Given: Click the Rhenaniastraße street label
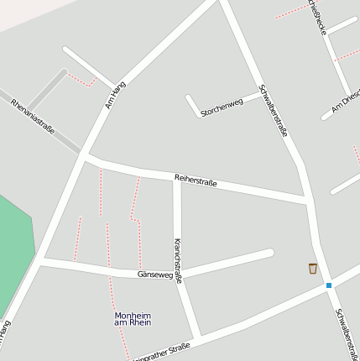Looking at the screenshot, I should [33, 116].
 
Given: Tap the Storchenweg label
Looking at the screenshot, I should [222, 107].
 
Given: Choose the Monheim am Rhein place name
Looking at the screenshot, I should [133, 319].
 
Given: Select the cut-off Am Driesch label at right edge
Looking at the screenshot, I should [345, 101].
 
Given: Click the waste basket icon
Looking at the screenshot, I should [313, 268].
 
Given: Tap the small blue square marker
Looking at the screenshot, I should [329, 285].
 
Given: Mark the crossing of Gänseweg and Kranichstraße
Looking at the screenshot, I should [179, 274].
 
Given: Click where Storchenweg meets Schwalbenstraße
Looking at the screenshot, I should [262, 93].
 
